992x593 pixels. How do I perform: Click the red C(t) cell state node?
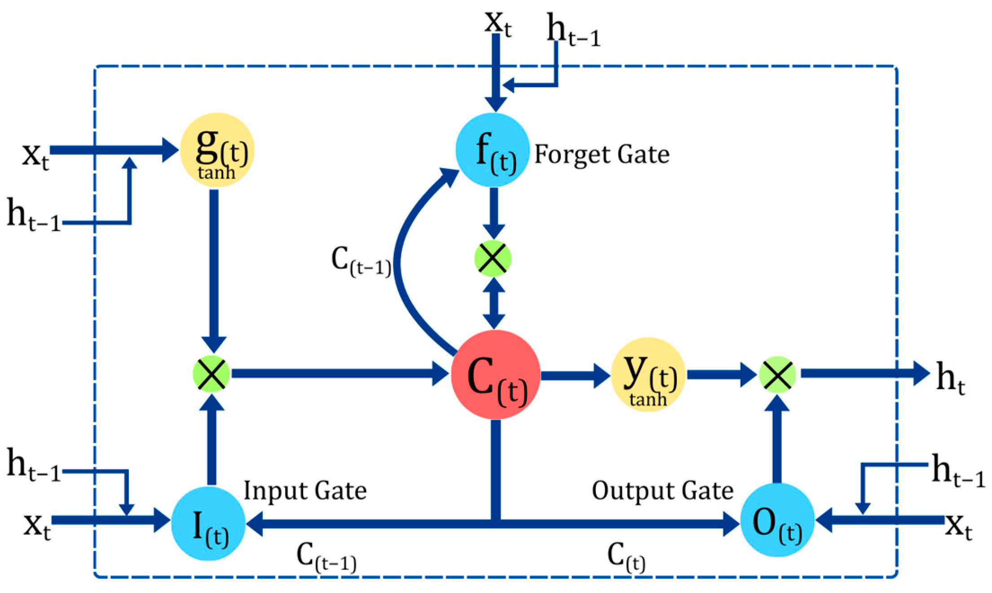pos(495,374)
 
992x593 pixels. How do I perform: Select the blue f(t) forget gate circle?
pos(493,150)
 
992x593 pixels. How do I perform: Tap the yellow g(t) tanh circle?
pos(217,150)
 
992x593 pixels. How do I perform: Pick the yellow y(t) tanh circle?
pos(648,374)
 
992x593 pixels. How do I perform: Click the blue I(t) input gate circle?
pos(208,523)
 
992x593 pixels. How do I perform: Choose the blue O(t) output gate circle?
pos(777,520)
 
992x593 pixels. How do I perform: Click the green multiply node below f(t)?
pos(493,259)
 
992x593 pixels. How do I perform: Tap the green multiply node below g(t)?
pos(211,374)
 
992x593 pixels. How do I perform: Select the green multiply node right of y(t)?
pos(777,374)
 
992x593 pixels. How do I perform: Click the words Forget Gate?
pos(602,155)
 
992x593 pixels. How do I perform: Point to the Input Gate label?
pos(305,491)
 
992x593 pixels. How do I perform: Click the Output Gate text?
pos(662,491)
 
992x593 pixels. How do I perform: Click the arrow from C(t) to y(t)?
pos(575,375)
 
